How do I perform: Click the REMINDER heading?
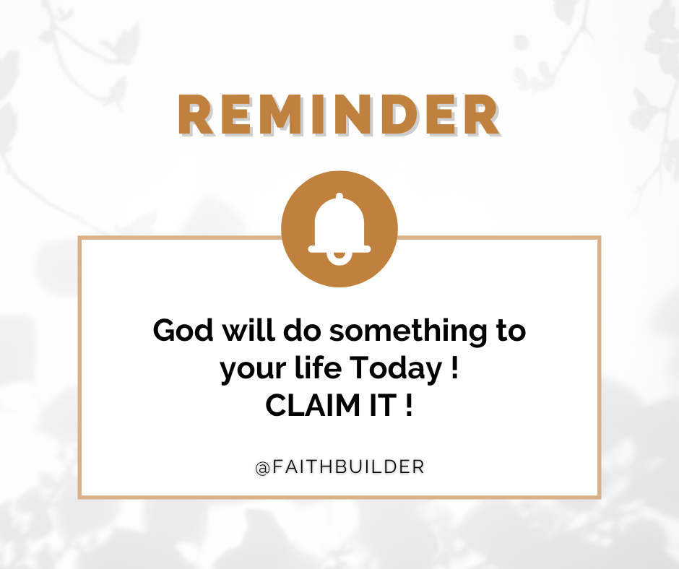click(x=339, y=115)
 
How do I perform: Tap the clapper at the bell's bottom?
click(x=339, y=259)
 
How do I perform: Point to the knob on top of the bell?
click(x=339, y=196)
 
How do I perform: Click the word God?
click(x=183, y=331)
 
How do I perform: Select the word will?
click(x=249, y=331)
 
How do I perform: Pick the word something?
click(x=409, y=331)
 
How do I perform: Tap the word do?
click(x=302, y=331)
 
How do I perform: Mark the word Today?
click(x=395, y=369)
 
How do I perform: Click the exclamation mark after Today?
click(x=454, y=368)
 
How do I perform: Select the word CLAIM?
click(x=313, y=405)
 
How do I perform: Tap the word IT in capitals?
click(x=383, y=405)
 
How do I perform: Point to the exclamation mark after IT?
click(x=410, y=405)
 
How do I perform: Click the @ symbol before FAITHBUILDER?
click(x=263, y=468)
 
